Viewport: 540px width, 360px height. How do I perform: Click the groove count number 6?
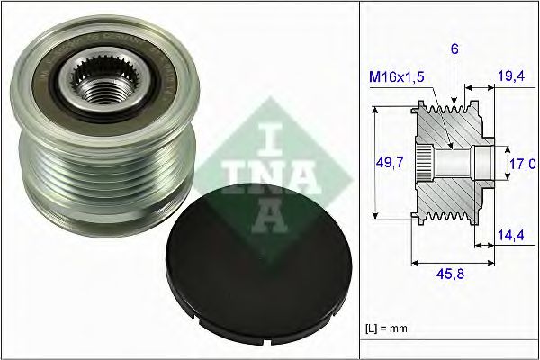click(x=456, y=52)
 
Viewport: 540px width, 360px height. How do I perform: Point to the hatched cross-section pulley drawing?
click(x=450, y=162)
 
